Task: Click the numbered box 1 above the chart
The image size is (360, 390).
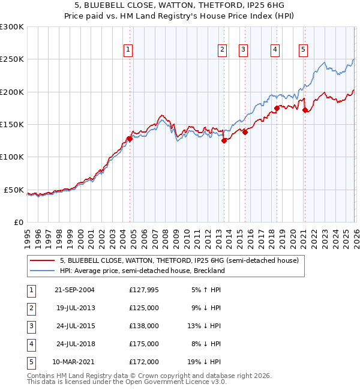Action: click(128, 50)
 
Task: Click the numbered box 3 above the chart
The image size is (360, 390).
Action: click(244, 50)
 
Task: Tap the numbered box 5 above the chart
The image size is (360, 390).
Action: click(304, 50)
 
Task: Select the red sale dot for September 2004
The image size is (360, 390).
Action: click(130, 139)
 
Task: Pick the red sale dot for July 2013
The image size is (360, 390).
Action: click(224, 141)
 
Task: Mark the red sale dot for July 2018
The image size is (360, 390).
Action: click(277, 108)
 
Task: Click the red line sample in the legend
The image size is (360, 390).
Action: click(42, 260)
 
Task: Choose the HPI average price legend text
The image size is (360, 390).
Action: click(142, 271)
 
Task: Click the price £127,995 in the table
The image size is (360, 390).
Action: click(143, 290)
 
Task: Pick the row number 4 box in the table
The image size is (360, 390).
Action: click(31, 344)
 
